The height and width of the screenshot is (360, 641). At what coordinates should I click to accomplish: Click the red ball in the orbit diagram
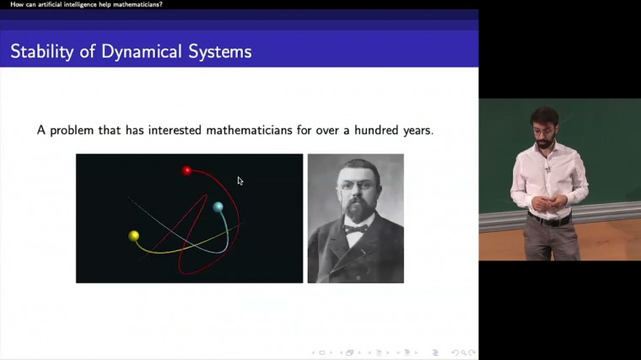click(x=187, y=171)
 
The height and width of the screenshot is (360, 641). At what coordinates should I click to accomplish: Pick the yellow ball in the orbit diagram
click(x=133, y=235)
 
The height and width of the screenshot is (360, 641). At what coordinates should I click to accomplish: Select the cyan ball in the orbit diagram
click(x=218, y=207)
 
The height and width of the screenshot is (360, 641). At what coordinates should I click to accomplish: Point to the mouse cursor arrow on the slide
click(x=240, y=180)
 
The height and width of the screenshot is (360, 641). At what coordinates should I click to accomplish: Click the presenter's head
click(x=544, y=124)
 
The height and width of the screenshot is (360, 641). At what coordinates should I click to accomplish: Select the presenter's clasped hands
click(x=540, y=202)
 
